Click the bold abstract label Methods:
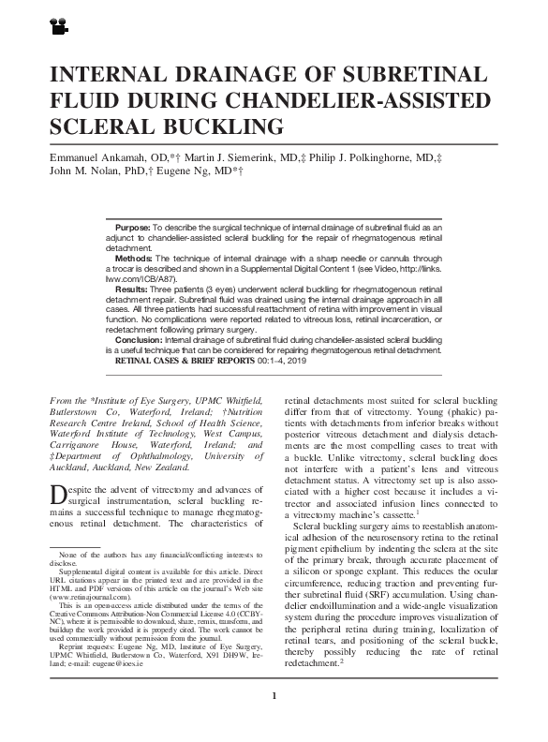click(133, 258)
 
